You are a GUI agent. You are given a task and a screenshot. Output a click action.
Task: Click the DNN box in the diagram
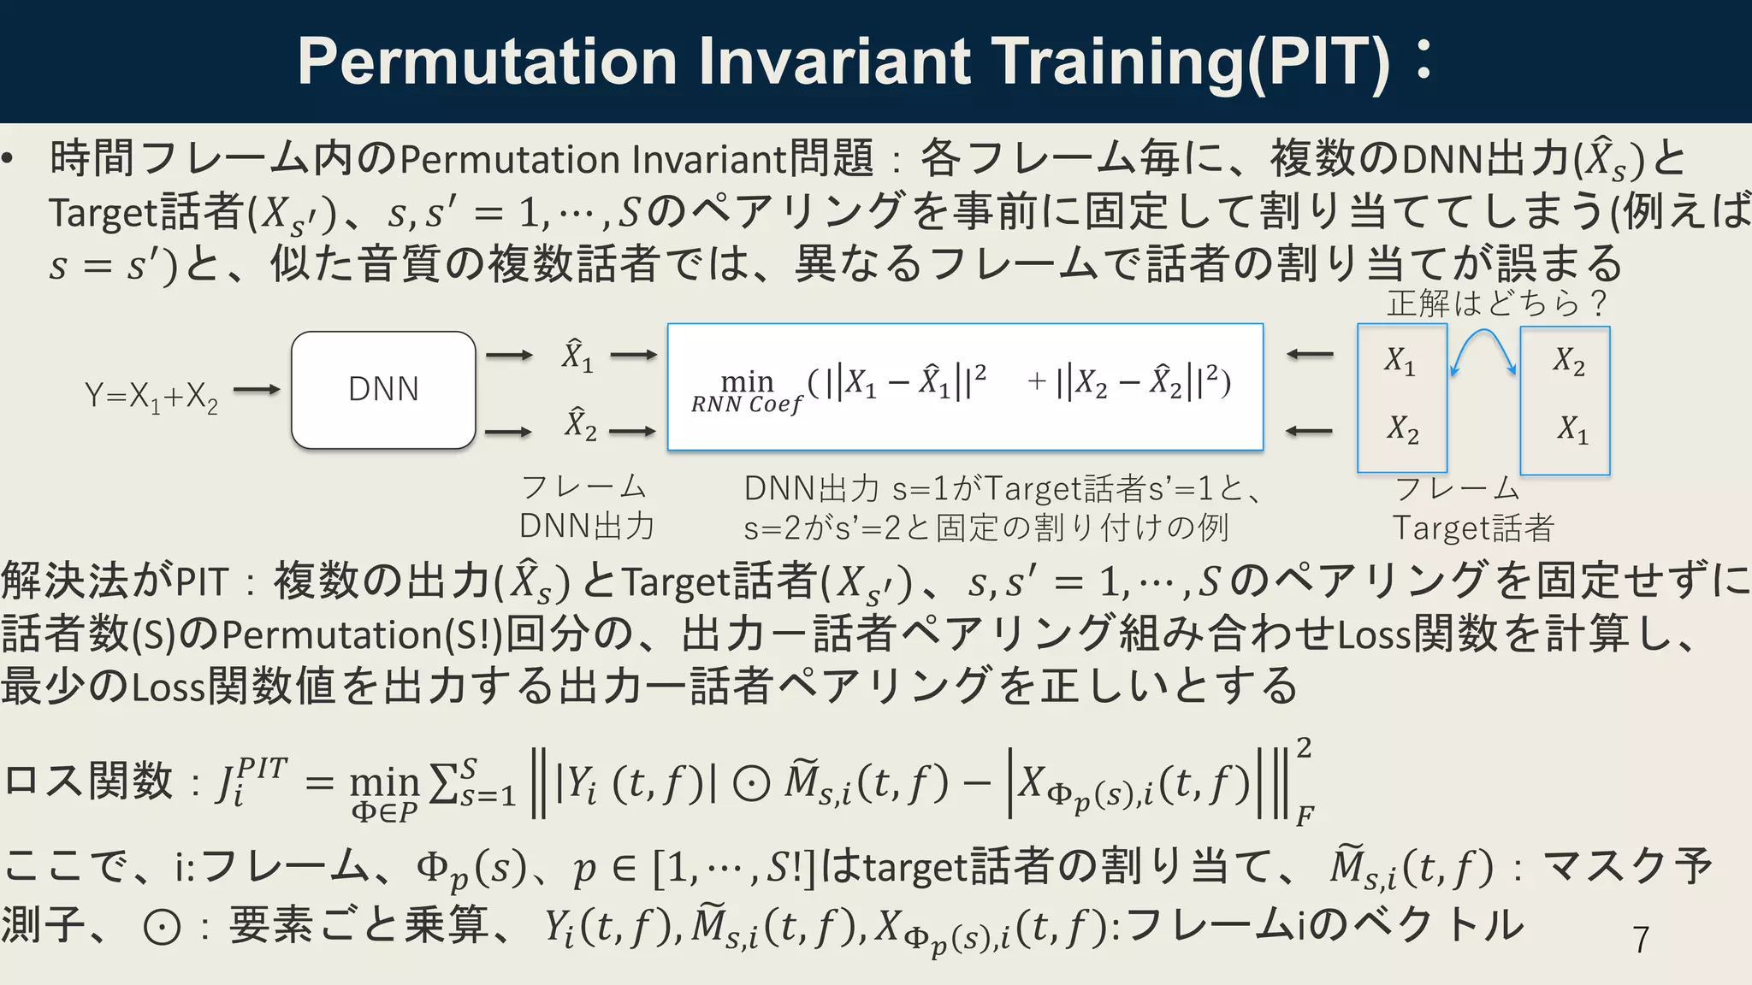pyautogui.click(x=383, y=390)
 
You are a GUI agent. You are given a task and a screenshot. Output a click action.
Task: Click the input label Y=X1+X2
pyautogui.click(x=151, y=397)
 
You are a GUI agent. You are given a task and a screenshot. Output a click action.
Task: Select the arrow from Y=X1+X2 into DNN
pyautogui.click(x=256, y=390)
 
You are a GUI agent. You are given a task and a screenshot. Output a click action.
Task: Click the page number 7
pyautogui.click(x=1640, y=940)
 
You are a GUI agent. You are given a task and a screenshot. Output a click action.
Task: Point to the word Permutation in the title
pyautogui.click(x=488, y=62)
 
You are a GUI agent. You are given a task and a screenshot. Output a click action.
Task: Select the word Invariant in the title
pyautogui.click(x=835, y=62)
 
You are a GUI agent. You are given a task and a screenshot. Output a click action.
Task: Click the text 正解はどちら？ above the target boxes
pyautogui.click(x=1497, y=304)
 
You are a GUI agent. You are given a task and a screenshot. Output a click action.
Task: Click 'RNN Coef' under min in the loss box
pyautogui.click(x=747, y=404)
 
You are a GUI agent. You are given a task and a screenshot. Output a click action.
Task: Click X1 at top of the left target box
pyautogui.click(x=1400, y=361)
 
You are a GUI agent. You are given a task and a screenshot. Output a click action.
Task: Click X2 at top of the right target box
pyautogui.click(x=1569, y=361)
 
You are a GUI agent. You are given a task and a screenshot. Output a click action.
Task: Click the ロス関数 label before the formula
pyautogui.click(x=88, y=780)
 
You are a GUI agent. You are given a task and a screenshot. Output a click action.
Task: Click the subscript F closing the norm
pyautogui.click(x=1304, y=816)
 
